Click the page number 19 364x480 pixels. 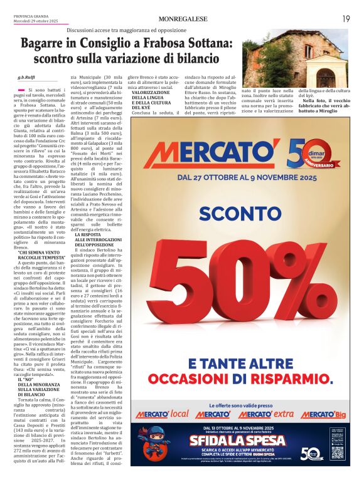click(x=345, y=19)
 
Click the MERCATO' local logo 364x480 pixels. click(x=161, y=414)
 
